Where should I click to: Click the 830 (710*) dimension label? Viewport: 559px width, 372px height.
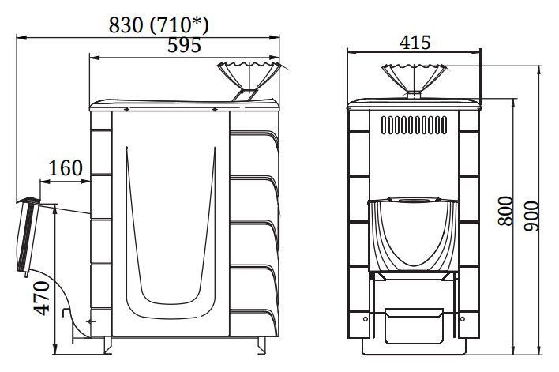(x=159, y=25)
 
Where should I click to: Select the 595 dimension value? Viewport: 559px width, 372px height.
(x=184, y=45)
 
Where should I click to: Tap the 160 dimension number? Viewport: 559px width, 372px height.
(x=66, y=168)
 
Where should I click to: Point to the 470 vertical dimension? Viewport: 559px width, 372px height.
(x=42, y=298)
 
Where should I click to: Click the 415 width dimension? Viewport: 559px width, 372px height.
(x=415, y=43)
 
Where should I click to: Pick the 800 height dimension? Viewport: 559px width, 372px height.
(x=505, y=211)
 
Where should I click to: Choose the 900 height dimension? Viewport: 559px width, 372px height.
(x=531, y=216)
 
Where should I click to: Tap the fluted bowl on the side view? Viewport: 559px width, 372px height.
(x=249, y=76)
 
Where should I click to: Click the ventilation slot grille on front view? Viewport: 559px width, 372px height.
(x=414, y=126)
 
